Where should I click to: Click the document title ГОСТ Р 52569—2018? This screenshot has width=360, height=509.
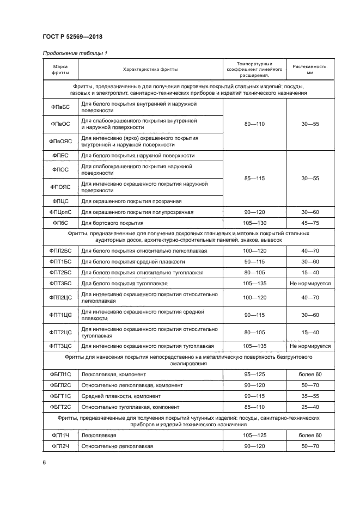tap(72, 36)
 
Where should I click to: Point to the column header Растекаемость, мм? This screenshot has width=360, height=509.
tap(309, 69)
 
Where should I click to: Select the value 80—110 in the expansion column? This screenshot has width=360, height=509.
tap(254, 124)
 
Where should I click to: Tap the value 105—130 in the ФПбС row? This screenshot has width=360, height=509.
tap(254, 223)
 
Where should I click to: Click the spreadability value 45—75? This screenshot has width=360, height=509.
tap(309, 223)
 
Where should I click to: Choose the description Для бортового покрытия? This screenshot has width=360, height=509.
tap(112, 223)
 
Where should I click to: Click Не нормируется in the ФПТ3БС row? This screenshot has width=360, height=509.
tap(309, 284)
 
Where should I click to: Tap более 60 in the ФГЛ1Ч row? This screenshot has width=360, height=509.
tap(309, 436)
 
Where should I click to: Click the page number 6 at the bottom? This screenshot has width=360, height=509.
tap(44, 463)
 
